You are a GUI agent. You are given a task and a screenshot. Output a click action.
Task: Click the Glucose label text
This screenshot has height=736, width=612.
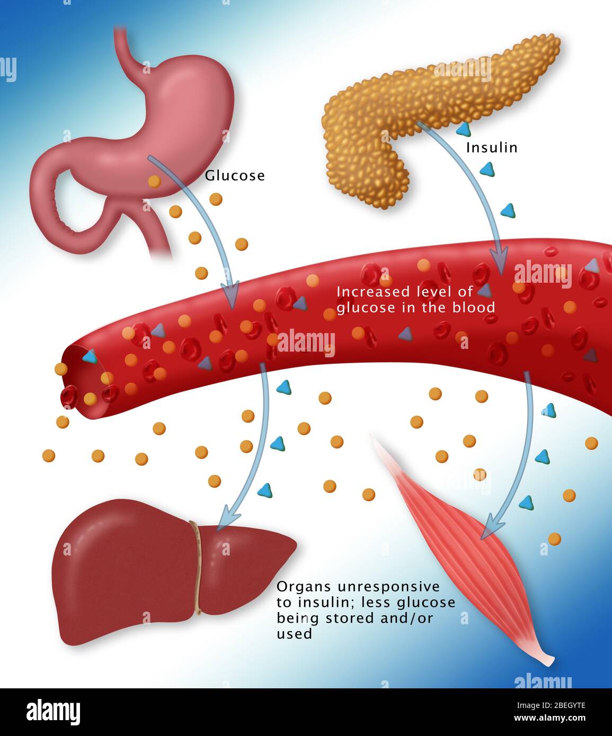pyautogui.click(x=235, y=176)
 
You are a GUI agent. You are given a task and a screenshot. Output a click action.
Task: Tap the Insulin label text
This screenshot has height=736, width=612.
pyautogui.click(x=491, y=148)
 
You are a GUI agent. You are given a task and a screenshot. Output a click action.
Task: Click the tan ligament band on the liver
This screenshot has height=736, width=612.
pyautogui.click(x=198, y=567)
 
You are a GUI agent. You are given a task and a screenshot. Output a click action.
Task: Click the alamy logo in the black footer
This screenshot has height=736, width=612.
pyautogui.click(x=53, y=712)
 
